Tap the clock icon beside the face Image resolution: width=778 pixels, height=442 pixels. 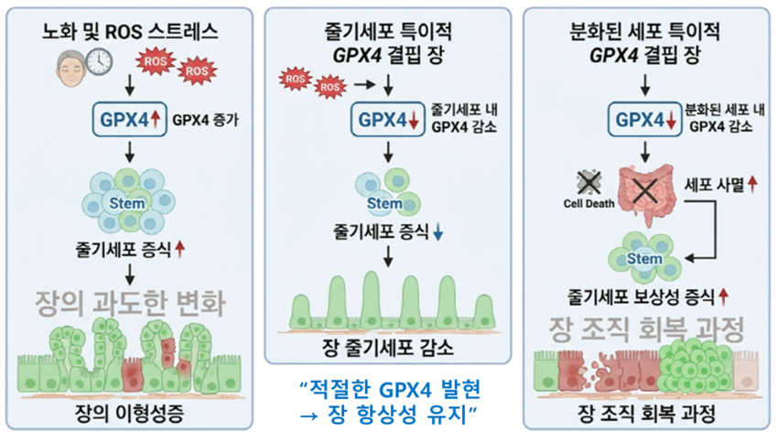100,61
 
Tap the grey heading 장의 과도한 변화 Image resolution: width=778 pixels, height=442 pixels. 130,299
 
